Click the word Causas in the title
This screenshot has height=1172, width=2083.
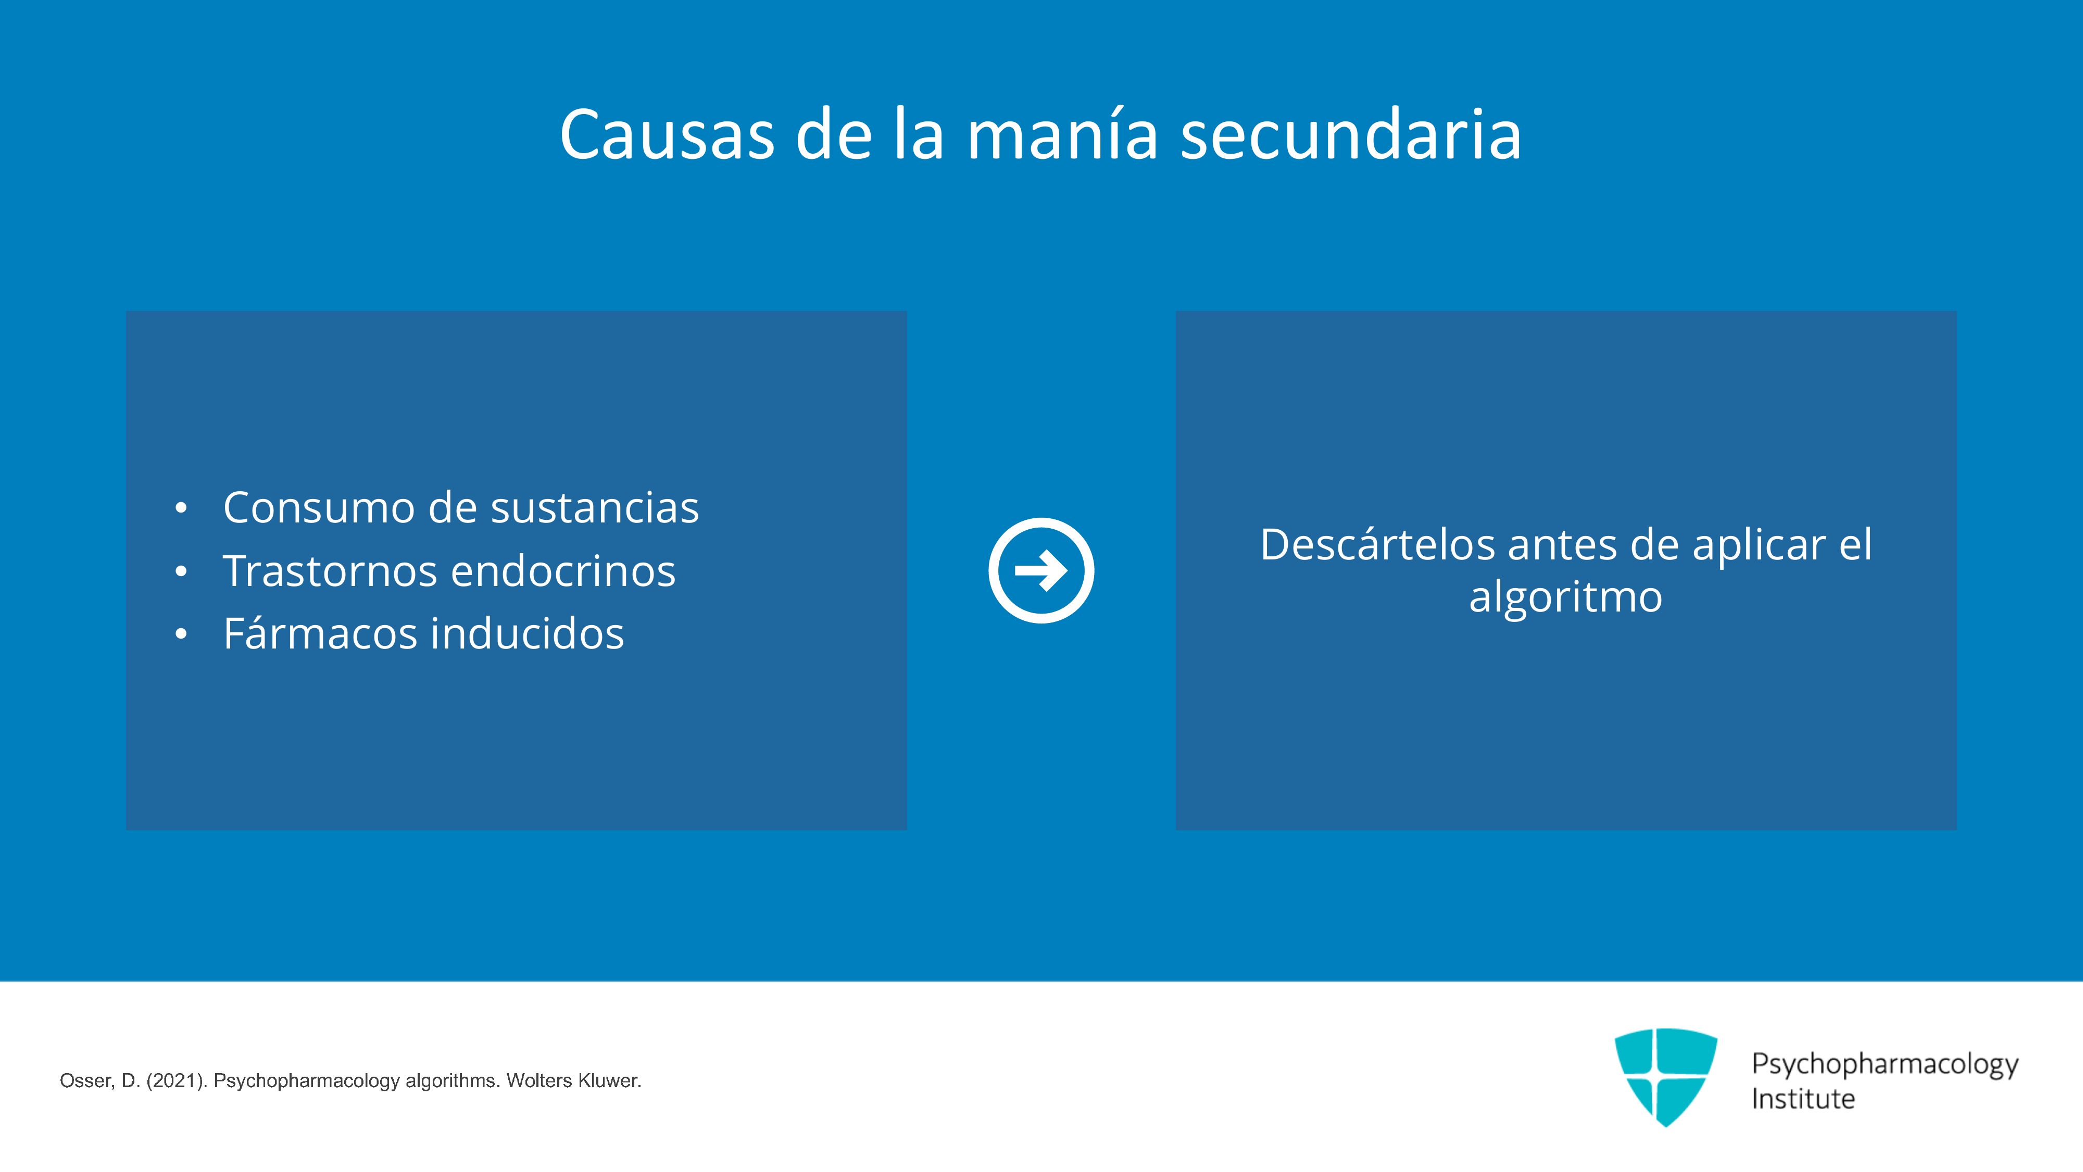(x=667, y=134)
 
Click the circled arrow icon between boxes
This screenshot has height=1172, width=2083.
(x=1041, y=570)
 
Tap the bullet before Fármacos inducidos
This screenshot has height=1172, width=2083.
(x=181, y=634)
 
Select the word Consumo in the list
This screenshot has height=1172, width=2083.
(x=319, y=508)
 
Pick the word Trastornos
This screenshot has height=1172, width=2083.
(x=330, y=571)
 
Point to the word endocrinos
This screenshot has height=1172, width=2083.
(x=563, y=571)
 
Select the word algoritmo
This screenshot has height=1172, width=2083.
(x=1565, y=599)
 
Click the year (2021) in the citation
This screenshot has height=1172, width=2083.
(x=177, y=1081)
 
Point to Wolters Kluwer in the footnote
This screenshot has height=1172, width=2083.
(x=573, y=1081)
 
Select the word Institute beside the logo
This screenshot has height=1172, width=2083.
(x=1803, y=1099)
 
